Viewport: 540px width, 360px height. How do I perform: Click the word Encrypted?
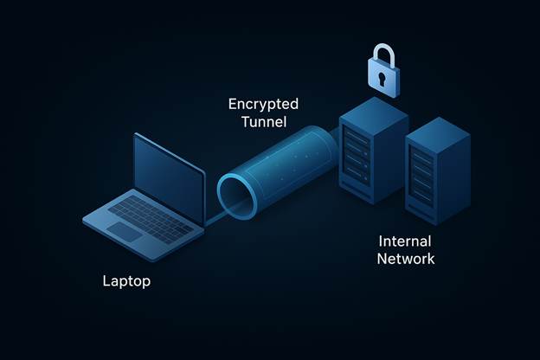263,104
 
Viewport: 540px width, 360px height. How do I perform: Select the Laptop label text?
126,280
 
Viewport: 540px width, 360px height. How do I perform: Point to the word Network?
407,258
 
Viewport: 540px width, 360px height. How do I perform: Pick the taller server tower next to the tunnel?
371,151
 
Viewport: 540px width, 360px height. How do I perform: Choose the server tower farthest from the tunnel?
437,169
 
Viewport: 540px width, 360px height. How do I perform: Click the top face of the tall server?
373,110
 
